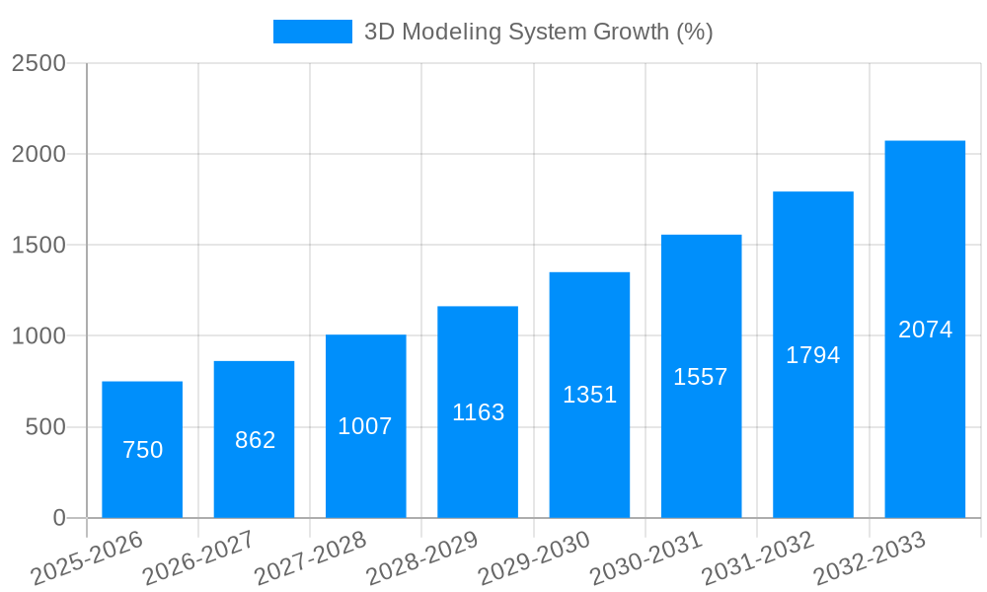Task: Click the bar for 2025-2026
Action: [142, 449]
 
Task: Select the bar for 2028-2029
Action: [478, 411]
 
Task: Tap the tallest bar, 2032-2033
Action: [925, 329]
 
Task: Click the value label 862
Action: [255, 440]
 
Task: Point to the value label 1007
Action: [365, 426]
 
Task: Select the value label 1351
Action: [589, 395]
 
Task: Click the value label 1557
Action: [701, 376]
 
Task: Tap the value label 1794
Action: [812, 355]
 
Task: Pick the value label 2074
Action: [925, 330]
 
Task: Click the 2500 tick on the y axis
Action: [38, 63]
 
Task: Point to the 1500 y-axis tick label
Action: [38, 246]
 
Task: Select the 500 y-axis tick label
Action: [47, 427]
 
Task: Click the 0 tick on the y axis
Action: [58, 518]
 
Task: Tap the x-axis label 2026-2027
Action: [198, 558]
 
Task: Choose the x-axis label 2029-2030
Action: [534, 558]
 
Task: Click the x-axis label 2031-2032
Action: [758, 558]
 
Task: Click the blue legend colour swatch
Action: [312, 32]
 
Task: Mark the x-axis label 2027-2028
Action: [310, 558]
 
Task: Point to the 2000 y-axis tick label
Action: [38, 155]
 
